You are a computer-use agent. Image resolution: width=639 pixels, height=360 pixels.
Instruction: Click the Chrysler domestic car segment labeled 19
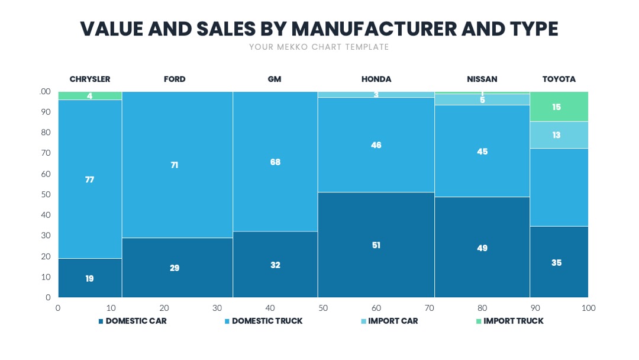tap(90, 278)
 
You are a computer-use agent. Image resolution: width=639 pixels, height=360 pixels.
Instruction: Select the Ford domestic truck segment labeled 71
tap(177, 165)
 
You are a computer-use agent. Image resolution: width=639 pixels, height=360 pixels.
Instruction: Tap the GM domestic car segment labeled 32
tap(275, 264)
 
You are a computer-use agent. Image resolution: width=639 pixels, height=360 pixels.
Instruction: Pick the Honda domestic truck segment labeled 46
tap(376, 144)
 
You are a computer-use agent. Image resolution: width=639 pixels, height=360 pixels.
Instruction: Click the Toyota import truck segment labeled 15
tap(559, 107)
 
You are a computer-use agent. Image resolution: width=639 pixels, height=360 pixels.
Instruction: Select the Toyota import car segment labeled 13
tap(559, 135)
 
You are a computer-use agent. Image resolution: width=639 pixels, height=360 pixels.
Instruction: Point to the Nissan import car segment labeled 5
tap(482, 100)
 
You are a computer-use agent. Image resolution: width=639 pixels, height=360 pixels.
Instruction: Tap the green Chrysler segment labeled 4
tap(90, 96)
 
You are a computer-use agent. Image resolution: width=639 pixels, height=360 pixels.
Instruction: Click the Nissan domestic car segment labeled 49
tap(482, 247)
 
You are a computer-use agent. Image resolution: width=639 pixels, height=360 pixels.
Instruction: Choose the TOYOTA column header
tap(559, 79)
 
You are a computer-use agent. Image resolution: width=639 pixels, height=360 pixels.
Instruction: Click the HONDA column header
tap(376, 79)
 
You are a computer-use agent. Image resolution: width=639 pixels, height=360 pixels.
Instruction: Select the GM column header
tap(275, 79)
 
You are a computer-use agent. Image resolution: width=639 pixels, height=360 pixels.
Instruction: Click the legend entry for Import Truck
tap(510, 321)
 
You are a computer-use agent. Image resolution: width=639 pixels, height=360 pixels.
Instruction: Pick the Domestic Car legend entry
tap(133, 321)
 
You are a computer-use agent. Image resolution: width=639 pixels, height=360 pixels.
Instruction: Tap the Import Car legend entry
tap(389, 321)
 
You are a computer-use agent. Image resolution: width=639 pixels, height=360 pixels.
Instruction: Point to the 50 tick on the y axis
tap(46, 194)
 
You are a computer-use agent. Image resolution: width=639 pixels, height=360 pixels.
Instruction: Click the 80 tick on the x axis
tap(482, 308)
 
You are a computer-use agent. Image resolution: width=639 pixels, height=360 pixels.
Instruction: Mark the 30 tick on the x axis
tap(217, 308)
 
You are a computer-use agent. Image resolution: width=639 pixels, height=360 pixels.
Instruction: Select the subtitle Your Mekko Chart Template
tap(319, 47)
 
